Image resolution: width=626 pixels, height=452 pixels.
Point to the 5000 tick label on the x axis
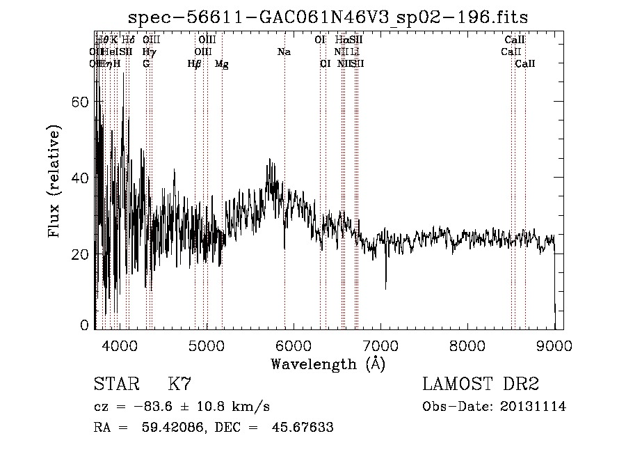click(x=207, y=345)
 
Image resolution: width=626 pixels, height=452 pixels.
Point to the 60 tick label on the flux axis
click(x=82, y=102)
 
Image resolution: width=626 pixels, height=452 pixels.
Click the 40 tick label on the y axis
click(x=82, y=178)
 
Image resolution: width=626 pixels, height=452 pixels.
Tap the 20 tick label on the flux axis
click(x=82, y=254)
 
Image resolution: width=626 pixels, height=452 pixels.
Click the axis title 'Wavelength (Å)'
click(x=328, y=364)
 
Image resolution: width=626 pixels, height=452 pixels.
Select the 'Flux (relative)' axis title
click(x=54, y=181)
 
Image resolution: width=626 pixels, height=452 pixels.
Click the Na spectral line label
click(x=284, y=52)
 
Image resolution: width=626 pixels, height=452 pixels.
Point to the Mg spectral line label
click(x=221, y=64)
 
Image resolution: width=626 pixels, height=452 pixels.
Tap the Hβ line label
click(x=194, y=64)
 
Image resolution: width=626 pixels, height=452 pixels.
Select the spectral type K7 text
click(x=179, y=384)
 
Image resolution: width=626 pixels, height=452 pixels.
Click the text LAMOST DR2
click(x=480, y=384)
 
